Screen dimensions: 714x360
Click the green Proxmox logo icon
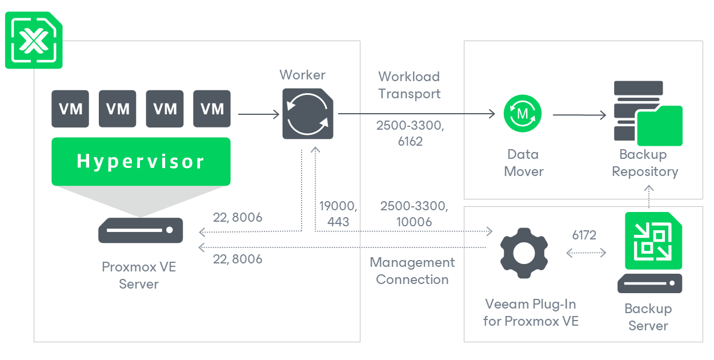pyautogui.click(x=34, y=40)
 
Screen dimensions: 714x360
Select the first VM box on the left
pyautogui.click(x=70, y=109)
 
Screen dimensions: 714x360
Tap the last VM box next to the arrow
pyautogui.click(x=212, y=109)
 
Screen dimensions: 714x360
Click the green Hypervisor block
pyautogui.click(x=141, y=161)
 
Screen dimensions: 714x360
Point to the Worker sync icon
pyautogui.click(x=308, y=114)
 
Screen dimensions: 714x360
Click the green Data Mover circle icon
pyautogui.click(x=523, y=114)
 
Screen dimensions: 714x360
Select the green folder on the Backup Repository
pyautogui.click(x=659, y=126)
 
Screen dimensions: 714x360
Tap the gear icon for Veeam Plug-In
pyautogui.click(x=524, y=253)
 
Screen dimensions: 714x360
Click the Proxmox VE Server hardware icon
pyautogui.click(x=141, y=230)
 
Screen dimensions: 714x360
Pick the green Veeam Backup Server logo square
pyautogui.click(x=653, y=241)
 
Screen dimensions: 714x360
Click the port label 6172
pyautogui.click(x=584, y=235)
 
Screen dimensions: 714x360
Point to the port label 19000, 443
pyautogui.click(x=338, y=214)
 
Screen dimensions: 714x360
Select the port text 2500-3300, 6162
pyautogui.click(x=410, y=133)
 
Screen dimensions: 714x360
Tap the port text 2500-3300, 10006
pyautogui.click(x=414, y=214)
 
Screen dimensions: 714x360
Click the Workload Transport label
pyautogui.click(x=410, y=85)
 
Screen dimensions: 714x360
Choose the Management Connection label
pyautogui.click(x=412, y=271)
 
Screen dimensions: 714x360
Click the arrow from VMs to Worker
pyautogui.click(x=259, y=114)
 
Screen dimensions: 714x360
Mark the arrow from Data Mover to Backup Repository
pyautogui.click(x=580, y=115)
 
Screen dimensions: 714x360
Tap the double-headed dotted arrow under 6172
pyautogui.click(x=586, y=253)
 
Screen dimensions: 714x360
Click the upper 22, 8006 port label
pyautogui.click(x=238, y=218)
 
